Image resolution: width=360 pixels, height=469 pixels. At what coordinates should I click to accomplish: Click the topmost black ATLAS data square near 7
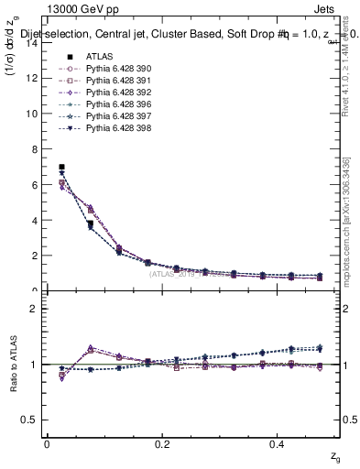(x=61, y=167)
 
